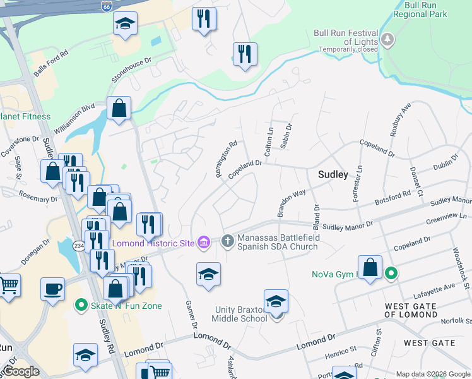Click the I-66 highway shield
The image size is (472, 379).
(x=107, y=6)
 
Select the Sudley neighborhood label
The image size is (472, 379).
(x=333, y=174)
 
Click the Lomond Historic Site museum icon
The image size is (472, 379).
(x=203, y=243)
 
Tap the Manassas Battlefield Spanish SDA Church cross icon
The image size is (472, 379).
(x=228, y=239)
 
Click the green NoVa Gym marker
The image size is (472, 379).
(x=392, y=274)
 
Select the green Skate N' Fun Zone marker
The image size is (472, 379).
(x=81, y=306)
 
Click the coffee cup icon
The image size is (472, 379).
(x=53, y=289)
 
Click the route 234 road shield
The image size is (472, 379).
(x=78, y=246)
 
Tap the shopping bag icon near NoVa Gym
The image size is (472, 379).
(x=370, y=267)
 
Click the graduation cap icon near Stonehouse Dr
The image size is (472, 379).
(x=126, y=24)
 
